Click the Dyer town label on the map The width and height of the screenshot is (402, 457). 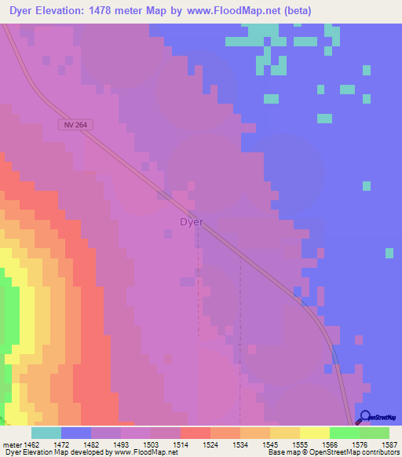coord(192,222)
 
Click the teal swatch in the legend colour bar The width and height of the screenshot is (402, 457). coord(46,433)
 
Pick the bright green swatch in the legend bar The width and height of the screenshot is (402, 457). coord(344,433)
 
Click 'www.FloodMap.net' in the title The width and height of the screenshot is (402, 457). coord(240,11)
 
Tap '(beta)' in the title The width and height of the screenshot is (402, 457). coord(298,11)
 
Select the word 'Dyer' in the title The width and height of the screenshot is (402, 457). coord(22,11)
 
